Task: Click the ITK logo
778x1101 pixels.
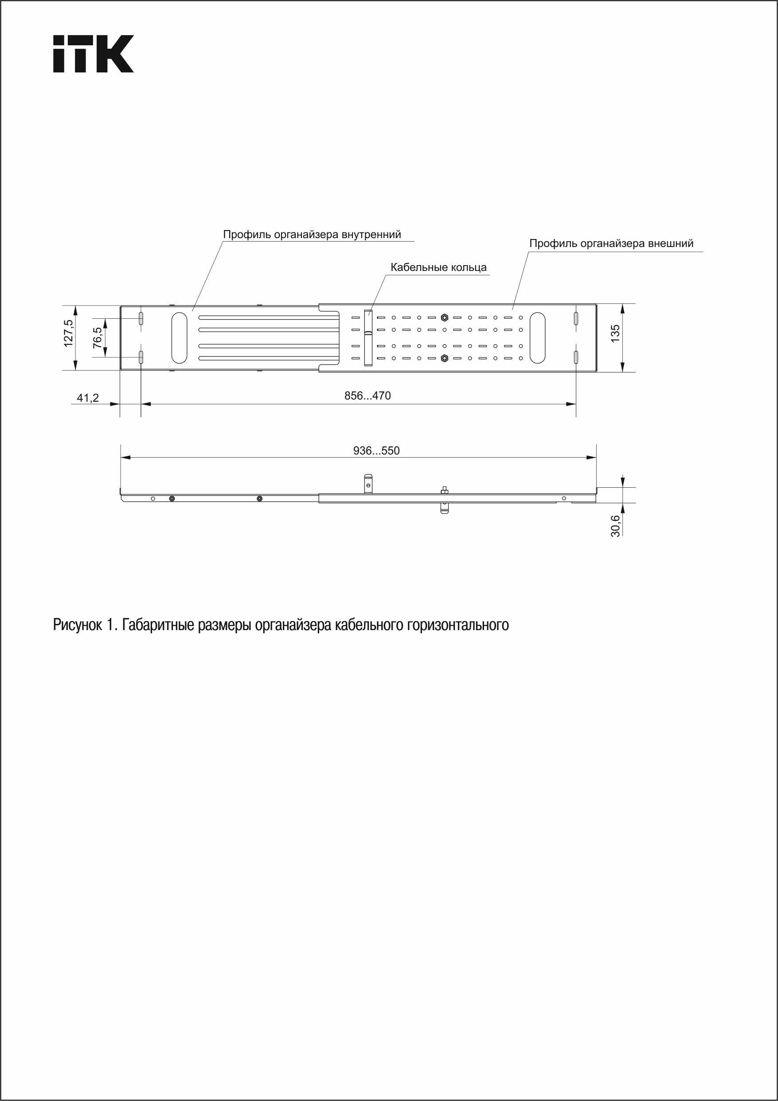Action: click(x=93, y=54)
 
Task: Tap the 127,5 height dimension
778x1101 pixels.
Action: click(x=69, y=333)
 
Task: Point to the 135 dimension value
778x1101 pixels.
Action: click(x=615, y=333)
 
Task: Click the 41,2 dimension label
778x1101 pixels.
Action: click(x=88, y=398)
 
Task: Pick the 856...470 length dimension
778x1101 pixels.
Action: click(x=367, y=396)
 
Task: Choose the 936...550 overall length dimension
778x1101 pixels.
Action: click(x=376, y=451)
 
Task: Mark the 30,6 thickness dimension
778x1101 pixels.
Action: click(x=615, y=525)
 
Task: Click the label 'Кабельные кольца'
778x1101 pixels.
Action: click(x=438, y=267)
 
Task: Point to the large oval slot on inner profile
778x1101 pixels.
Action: click(x=179, y=337)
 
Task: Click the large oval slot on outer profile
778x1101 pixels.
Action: click(x=537, y=337)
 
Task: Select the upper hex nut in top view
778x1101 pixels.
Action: click(x=444, y=317)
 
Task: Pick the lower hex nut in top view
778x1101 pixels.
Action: click(x=444, y=358)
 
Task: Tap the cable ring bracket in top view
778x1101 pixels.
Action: click(x=367, y=337)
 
